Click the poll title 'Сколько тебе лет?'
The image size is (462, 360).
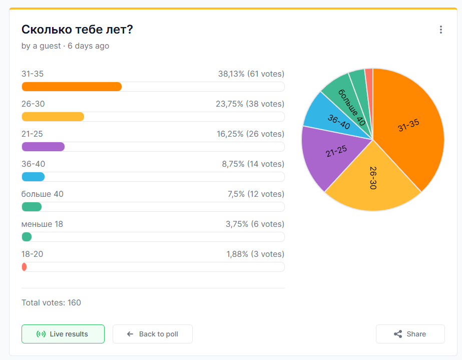coord(77,30)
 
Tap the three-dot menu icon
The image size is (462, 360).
coord(440,30)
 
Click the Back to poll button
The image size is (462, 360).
coord(153,334)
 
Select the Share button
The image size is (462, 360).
coord(410,334)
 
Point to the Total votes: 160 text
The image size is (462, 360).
coord(51,302)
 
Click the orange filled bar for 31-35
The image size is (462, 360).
coord(72,87)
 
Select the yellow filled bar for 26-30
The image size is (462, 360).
coord(53,117)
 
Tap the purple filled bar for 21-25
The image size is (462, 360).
coord(43,147)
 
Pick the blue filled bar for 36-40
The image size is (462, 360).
coord(33,177)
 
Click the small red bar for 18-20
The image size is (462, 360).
coord(24,267)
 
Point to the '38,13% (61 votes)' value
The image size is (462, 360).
coord(251,74)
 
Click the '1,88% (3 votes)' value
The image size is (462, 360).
coord(255,254)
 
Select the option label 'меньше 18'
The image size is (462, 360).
coord(42,224)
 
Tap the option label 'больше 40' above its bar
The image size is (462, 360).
coord(42,194)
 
